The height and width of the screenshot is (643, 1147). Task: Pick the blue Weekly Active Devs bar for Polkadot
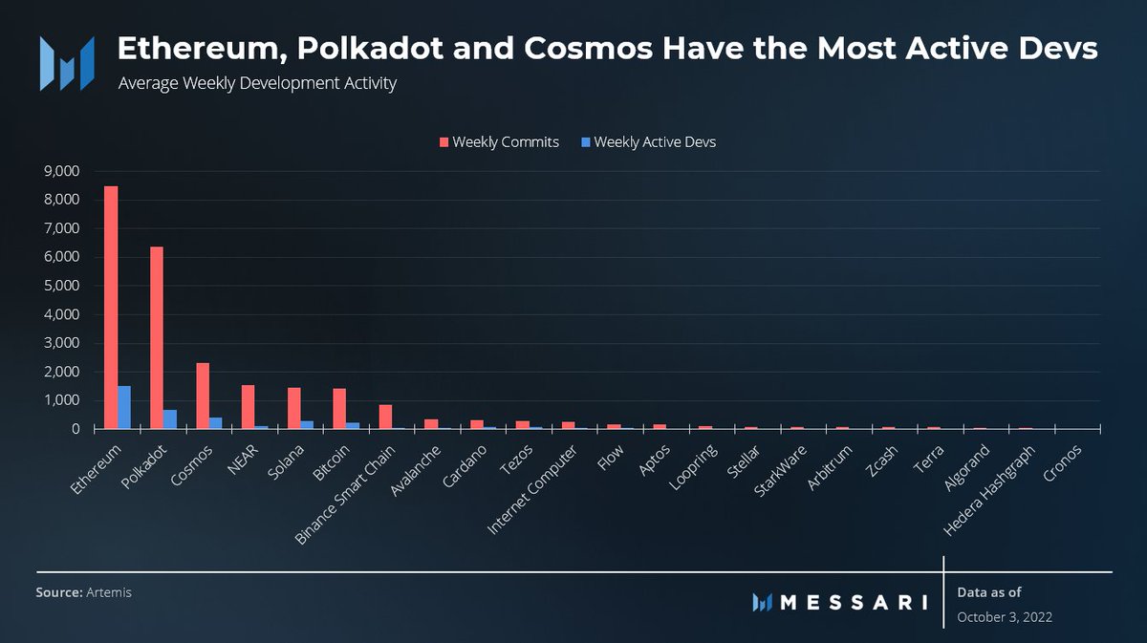pyautogui.click(x=170, y=419)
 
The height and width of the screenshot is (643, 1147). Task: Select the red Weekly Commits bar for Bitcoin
pyautogui.click(x=339, y=409)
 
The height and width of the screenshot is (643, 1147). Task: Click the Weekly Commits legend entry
pyautogui.click(x=498, y=142)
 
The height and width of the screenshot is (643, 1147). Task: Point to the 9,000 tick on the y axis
pyautogui.click(x=62, y=171)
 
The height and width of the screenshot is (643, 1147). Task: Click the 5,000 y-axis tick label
pyautogui.click(x=62, y=286)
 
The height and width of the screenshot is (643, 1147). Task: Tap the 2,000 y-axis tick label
pyautogui.click(x=62, y=372)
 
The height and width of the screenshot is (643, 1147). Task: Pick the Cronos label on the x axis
pyautogui.click(x=1064, y=460)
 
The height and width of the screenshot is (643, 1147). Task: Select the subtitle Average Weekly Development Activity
pyautogui.click(x=257, y=83)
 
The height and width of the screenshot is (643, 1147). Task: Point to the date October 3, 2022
pyautogui.click(x=1005, y=617)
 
